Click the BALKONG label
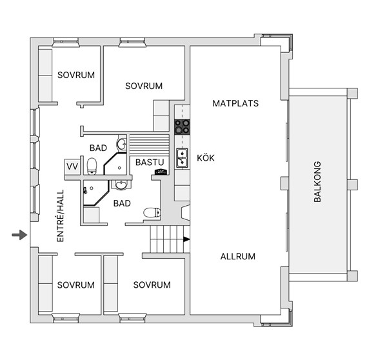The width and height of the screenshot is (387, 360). pos(317,182)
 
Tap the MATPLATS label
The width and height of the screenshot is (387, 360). pos(235,103)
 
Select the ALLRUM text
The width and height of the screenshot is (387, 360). pos(237,257)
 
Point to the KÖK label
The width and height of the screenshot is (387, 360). pos(206,157)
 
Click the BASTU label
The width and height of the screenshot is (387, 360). pos(150,162)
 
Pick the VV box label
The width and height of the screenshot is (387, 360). pos(72,166)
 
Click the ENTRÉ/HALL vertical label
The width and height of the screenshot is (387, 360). pos(60,215)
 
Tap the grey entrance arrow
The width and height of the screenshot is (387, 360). pos(19,235)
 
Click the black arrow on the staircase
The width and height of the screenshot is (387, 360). pos(186,239)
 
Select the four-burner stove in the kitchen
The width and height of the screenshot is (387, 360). pos(182,126)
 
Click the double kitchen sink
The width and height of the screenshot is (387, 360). pos(182,158)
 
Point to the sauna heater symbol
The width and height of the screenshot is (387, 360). pos(161,172)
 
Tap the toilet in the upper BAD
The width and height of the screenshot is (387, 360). pos(92,166)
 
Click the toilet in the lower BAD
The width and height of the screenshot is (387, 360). pos(152,213)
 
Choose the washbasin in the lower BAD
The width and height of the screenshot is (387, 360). pos(121,185)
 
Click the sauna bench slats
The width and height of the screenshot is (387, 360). pos(150,145)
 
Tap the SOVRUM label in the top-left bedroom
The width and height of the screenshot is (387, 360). pos(76,75)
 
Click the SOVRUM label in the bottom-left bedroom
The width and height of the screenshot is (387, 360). pos(75,285)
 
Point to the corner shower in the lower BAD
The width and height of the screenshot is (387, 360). pos(95,193)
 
